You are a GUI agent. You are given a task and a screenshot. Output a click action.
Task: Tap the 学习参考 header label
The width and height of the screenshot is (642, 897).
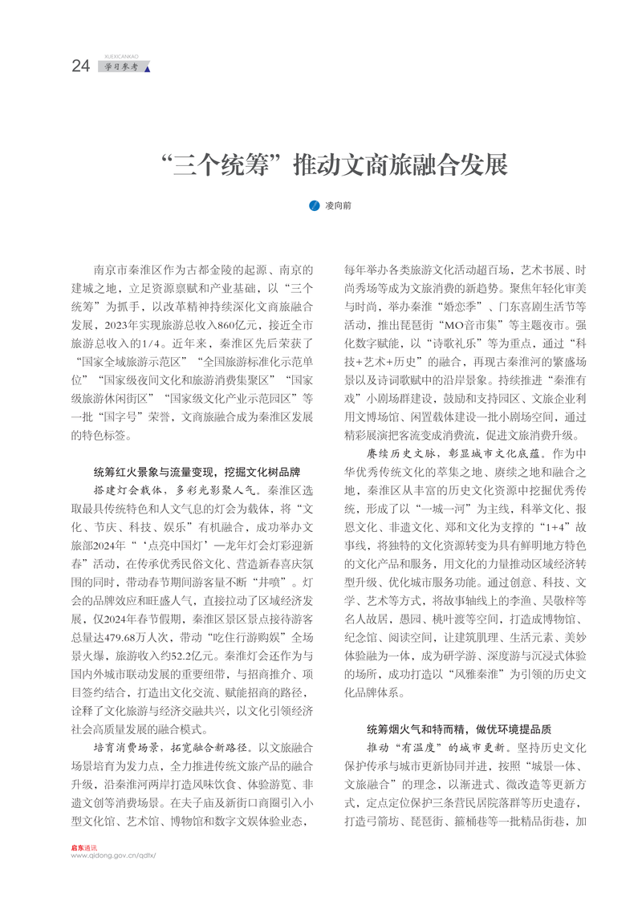(121, 67)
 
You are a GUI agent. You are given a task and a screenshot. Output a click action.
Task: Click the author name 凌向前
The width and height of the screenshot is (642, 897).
(338, 206)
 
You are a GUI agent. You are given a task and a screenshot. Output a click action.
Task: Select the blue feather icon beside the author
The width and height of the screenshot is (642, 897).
(315, 206)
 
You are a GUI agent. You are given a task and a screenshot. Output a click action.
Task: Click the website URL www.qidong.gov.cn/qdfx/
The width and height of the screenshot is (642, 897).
(113, 857)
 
